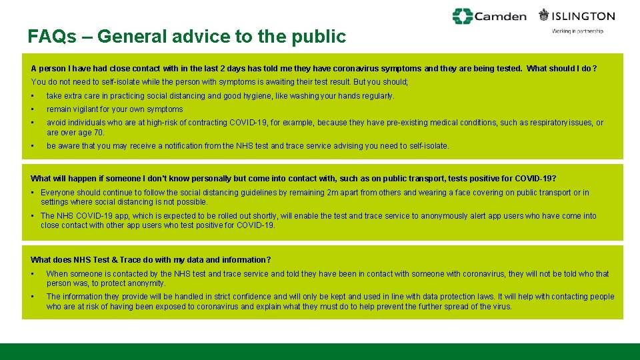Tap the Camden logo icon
click(x=463, y=16)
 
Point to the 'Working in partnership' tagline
click(x=577, y=31)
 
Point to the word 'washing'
click(x=311, y=96)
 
